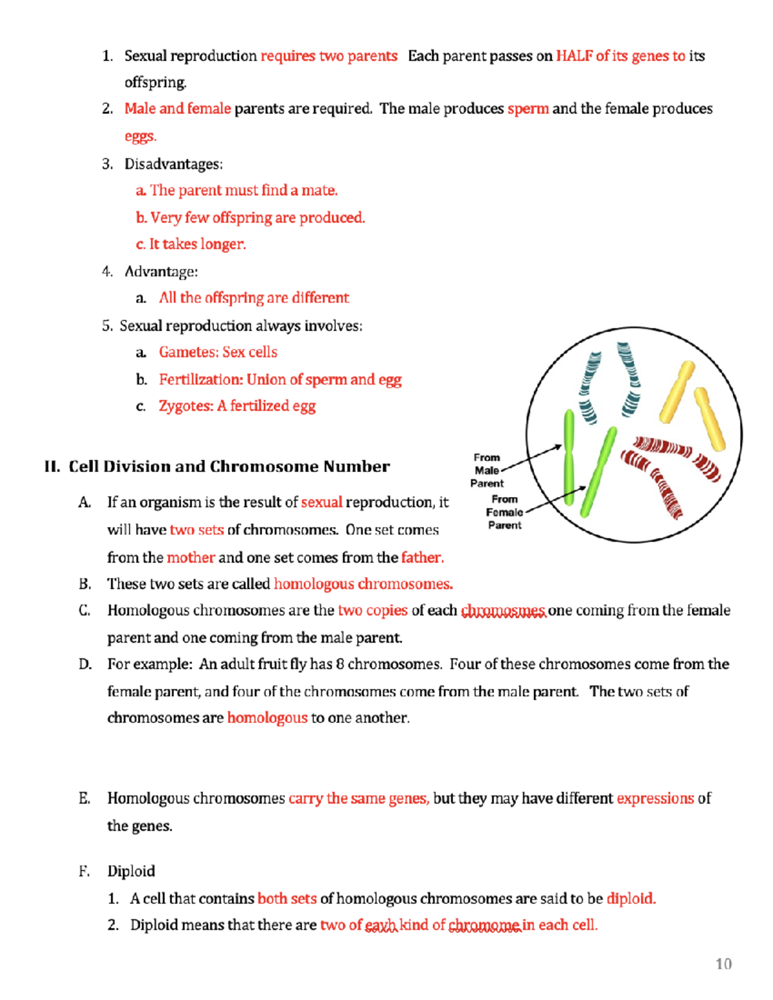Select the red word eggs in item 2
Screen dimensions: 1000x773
click(x=140, y=137)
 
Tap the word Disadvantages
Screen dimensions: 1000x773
click(x=173, y=164)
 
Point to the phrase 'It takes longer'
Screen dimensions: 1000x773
click(x=197, y=244)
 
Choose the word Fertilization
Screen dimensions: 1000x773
click(x=200, y=380)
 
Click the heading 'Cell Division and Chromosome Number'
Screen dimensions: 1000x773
click(x=229, y=466)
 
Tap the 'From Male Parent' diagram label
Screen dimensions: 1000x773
click(x=487, y=470)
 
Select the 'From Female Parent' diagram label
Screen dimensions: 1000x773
click(x=504, y=512)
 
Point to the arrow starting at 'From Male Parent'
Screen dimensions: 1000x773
click(x=531, y=458)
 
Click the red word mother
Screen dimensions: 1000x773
click(x=191, y=558)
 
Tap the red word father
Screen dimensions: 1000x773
click(x=422, y=558)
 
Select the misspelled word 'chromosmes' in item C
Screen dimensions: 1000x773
click(x=503, y=610)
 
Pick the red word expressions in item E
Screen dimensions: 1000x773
click(x=655, y=798)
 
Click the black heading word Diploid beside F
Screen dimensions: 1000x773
click(x=131, y=871)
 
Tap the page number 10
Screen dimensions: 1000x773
click(x=723, y=964)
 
